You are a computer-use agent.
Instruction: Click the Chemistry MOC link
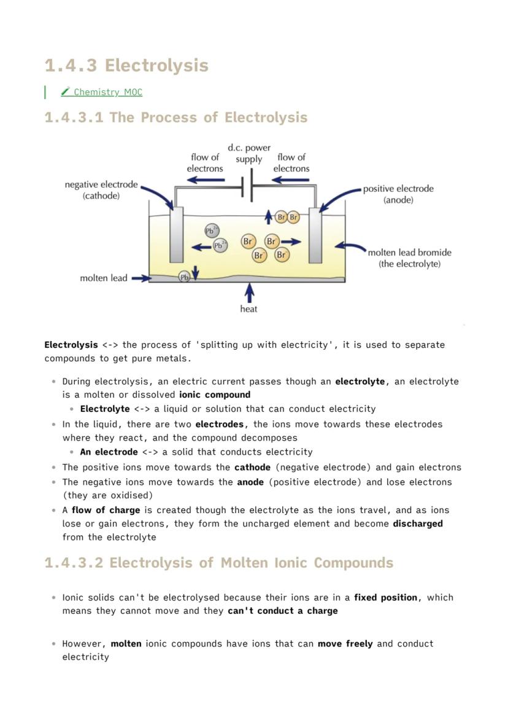pyautogui.click(x=107, y=92)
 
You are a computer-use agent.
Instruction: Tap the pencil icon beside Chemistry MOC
pyautogui.click(x=66, y=92)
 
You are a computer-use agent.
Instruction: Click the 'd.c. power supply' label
pyautogui.click(x=248, y=154)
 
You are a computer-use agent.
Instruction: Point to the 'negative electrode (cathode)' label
pyautogui.click(x=101, y=190)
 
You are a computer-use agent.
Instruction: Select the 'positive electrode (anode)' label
pyautogui.click(x=398, y=194)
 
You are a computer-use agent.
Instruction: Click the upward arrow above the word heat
pyautogui.click(x=248, y=291)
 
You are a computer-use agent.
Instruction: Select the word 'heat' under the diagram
pyautogui.click(x=248, y=309)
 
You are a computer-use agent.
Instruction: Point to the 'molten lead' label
pyautogui.click(x=104, y=278)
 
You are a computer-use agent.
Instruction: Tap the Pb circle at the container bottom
pyautogui.click(x=183, y=277)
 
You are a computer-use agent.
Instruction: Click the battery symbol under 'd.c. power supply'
pyautogui.click(x=248, y=187)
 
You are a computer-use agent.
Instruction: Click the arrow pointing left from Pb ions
pyautogui.click(x=201, y=246)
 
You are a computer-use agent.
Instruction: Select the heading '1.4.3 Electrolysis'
pyautogui.click(x=126, y=65)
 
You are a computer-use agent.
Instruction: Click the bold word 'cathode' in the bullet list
pyautogui.click(x=252, y=467)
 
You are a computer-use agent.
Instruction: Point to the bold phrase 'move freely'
pyautogui.click(x=345, y=643)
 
